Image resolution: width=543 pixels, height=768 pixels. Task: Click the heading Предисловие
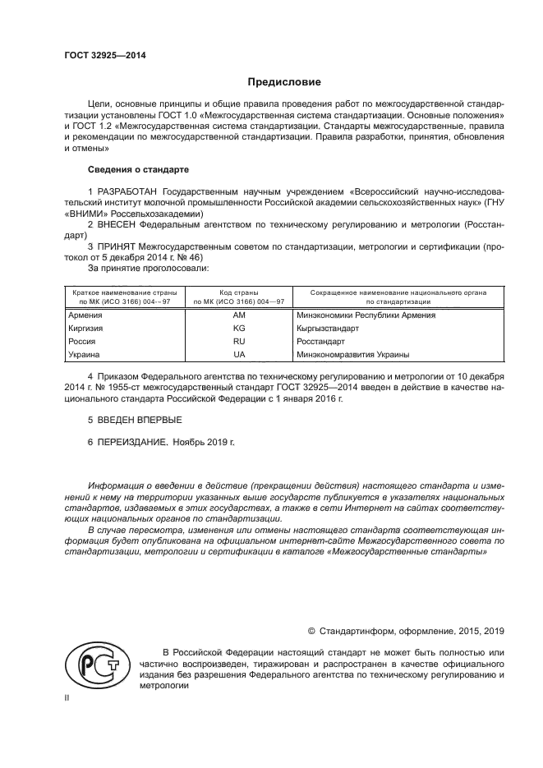(284, 82)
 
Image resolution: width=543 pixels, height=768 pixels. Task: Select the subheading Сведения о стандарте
(138, 169)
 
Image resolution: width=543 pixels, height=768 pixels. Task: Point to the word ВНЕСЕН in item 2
(117, 223)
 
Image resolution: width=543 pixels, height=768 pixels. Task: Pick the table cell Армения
(85, 315)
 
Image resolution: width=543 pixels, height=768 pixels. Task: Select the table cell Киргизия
(86, 329)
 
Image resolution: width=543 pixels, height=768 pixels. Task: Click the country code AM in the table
(239, 315)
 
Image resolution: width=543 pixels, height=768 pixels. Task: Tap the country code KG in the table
(239, 329)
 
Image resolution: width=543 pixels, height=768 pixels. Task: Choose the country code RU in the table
(239, 342)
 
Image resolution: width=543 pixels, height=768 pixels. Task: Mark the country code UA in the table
(239, 355)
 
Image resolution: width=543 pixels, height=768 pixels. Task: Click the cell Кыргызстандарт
(329, 329)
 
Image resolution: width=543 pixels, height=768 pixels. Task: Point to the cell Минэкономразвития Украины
(353, 355)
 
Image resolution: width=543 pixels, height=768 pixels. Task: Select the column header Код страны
(239, 292)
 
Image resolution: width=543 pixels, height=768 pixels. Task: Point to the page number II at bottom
(67, 697)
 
